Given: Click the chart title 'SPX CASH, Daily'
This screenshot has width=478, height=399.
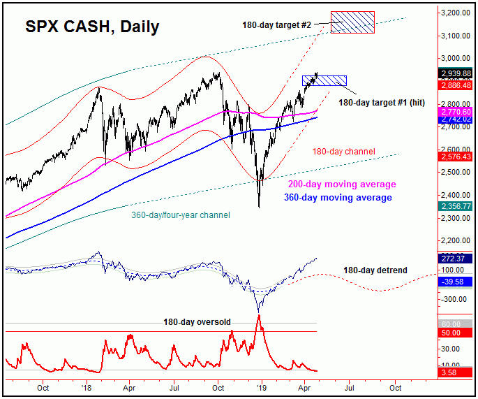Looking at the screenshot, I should (92, 27).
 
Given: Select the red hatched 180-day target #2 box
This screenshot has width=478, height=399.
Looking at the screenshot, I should (352, 22).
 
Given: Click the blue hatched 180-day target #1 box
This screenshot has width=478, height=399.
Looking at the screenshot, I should (324, 80).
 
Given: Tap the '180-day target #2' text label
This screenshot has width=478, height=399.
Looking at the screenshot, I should (277, 25).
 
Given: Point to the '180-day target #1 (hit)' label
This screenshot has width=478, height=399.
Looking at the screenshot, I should (383, 102).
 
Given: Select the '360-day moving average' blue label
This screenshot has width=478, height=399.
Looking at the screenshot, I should (338, 198).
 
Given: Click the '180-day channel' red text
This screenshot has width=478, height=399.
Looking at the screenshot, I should (343, 151).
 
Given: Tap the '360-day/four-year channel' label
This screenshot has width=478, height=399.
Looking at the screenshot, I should (179, 215).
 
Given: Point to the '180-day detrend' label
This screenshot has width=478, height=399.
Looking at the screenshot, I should (375, 270).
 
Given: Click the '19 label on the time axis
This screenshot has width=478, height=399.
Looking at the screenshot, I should (260, 386).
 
